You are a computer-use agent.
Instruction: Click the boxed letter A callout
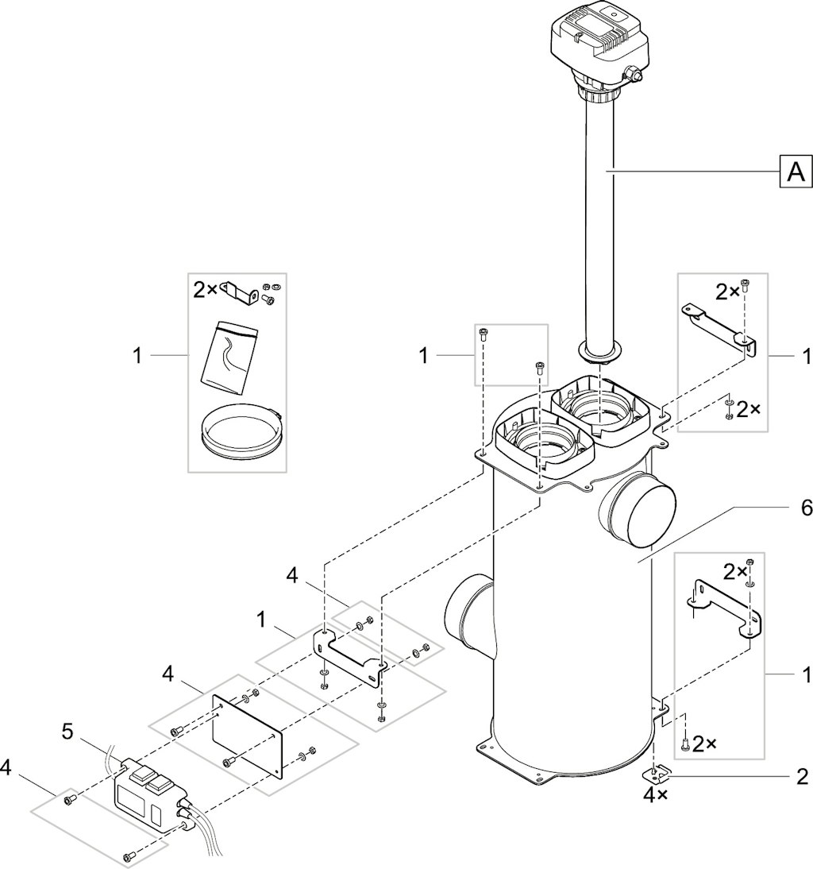[796, 172]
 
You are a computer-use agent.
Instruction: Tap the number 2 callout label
[803, 777]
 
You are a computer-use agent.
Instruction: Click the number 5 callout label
[67, 732]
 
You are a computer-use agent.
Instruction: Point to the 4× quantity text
[655, 795]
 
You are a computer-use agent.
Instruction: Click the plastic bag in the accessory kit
[229, 357]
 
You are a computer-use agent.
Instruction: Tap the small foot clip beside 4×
[656, 772]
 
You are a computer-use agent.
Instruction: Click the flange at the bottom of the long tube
[601, 352]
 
